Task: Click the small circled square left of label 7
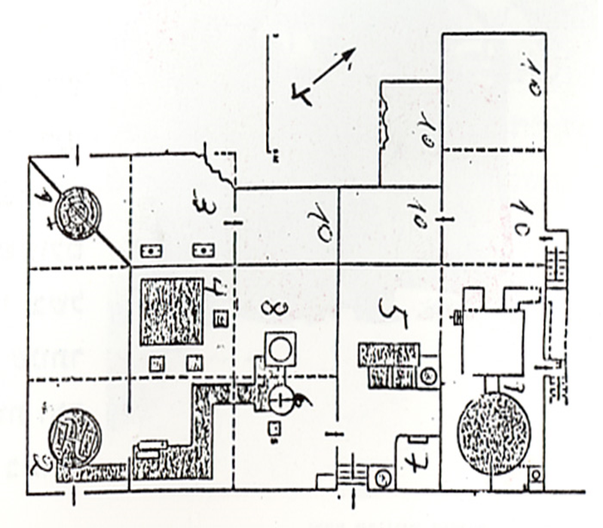pos(382,477)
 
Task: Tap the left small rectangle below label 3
pos(154,250)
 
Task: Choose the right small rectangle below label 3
pos(201,250)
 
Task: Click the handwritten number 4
pos(213,289)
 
